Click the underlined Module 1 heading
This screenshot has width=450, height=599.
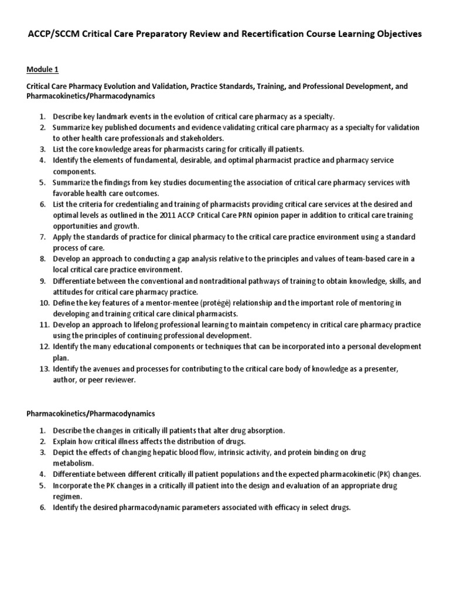[x=42, y=70]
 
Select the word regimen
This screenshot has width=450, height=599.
[x=68, y=496]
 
